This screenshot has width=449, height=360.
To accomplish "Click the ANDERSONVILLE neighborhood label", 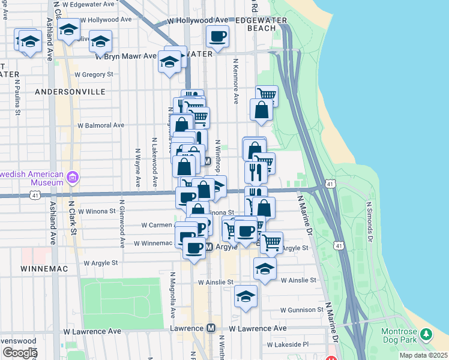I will tap(70, 92).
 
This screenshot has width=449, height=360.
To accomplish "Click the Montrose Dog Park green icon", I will tap(426, 334).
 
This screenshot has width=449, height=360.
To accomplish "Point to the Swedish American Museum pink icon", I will tap(73, 177).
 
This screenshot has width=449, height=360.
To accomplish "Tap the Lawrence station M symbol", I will tap(211, 328).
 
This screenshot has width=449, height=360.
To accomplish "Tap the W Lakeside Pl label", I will tap(288, 345).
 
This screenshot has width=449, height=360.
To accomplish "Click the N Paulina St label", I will tap(19, 96).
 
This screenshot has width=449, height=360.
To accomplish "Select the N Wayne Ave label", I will tap(138, 169).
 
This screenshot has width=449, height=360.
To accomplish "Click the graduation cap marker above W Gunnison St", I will tap(246, 296).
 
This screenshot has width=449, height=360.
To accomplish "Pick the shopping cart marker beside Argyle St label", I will tap(271, 242).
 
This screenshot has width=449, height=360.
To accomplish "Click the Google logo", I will tap(20, 353).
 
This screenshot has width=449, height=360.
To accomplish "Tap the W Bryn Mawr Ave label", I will tap(126, 58).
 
